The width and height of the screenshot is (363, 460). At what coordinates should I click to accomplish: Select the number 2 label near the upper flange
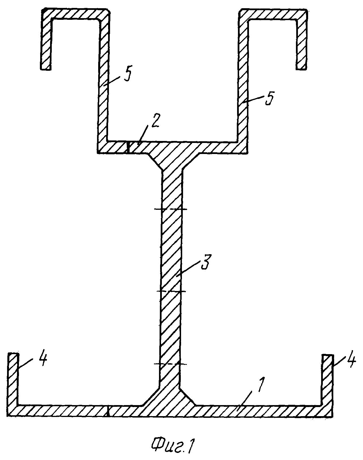[154, 121]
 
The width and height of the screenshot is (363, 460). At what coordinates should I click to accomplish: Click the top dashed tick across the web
[171, 209]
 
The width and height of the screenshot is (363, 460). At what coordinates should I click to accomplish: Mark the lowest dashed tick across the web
[171, 364]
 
